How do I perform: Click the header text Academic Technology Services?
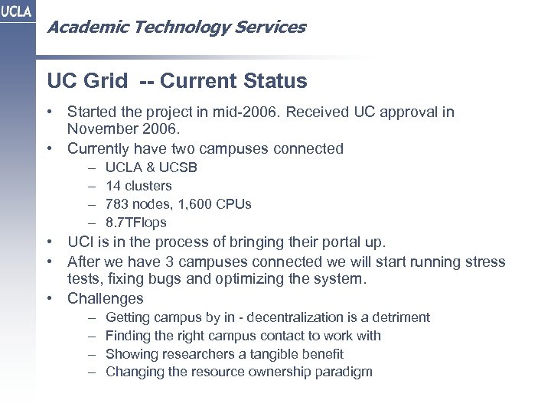coord(176,28)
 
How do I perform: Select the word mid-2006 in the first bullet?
coord(256,112)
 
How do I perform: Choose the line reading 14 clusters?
coord(139,185)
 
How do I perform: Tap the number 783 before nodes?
coord(118,204)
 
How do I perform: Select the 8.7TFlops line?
coord(135,223)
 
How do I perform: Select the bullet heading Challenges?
coord(106,298)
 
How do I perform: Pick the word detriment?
coord(401,317)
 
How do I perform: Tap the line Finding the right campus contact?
coord(243,335)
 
